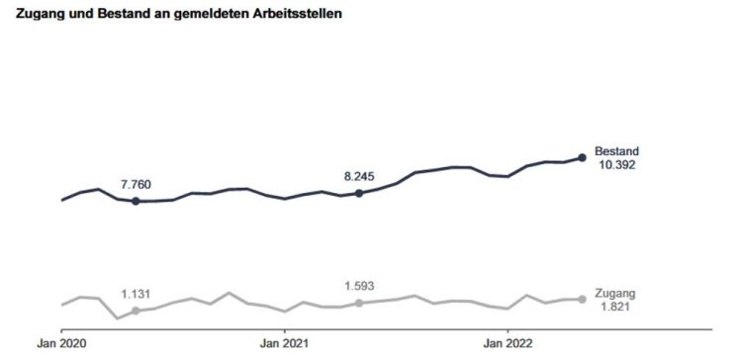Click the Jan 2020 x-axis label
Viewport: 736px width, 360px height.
point(61,343)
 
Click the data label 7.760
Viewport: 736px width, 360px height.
point(137,184)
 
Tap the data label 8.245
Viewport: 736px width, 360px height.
point(360,176)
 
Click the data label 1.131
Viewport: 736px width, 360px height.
point(137,293)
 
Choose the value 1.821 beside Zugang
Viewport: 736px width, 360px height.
point(614,308)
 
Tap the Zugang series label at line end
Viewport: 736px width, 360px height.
point(614,294)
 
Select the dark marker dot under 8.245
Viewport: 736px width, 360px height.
point(359,193)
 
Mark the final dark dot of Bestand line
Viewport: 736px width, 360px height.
point(582,157)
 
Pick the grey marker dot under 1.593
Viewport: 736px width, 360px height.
point(359,303)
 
